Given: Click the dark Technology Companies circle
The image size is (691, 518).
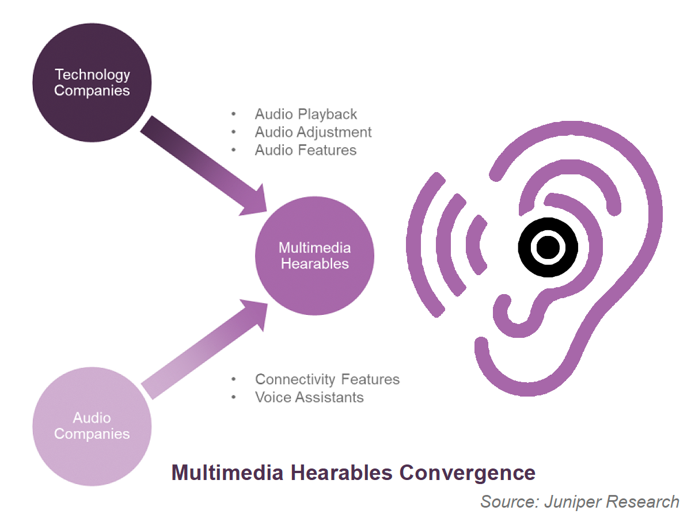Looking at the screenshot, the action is pyautogui.click(x=92, y=82).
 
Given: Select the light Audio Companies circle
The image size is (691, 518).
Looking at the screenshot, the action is pyautogui.click(x=92, y=426).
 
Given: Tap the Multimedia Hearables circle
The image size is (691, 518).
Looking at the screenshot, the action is pyautogui.click(x=314, y=256).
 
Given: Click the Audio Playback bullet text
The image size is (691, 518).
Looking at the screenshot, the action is pyautogui.click(x=306, y=114).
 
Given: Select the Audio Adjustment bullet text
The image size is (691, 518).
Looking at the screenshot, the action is pyautogui.click(x=313, y=132).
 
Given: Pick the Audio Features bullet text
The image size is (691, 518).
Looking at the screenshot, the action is pyautogui.click(x=306, y=150).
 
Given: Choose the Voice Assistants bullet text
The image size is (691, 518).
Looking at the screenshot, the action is pyautogui.click(x=309, y=397).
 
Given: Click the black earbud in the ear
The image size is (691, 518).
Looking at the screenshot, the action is pyautogui.click(x=548, y=247).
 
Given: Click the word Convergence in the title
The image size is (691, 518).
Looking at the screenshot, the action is pyautogui.click(x=467, y=473).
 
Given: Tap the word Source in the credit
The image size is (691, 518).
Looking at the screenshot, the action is pyautogui.click(x=510, y=502).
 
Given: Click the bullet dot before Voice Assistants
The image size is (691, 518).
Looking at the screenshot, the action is pyautogui.click(x=233, y=397).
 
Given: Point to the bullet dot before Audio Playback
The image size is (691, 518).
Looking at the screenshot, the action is pyautogui.click(x=233, y=114).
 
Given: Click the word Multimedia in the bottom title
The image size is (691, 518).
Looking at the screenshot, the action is pyautogui.click(x=227, y=473).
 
